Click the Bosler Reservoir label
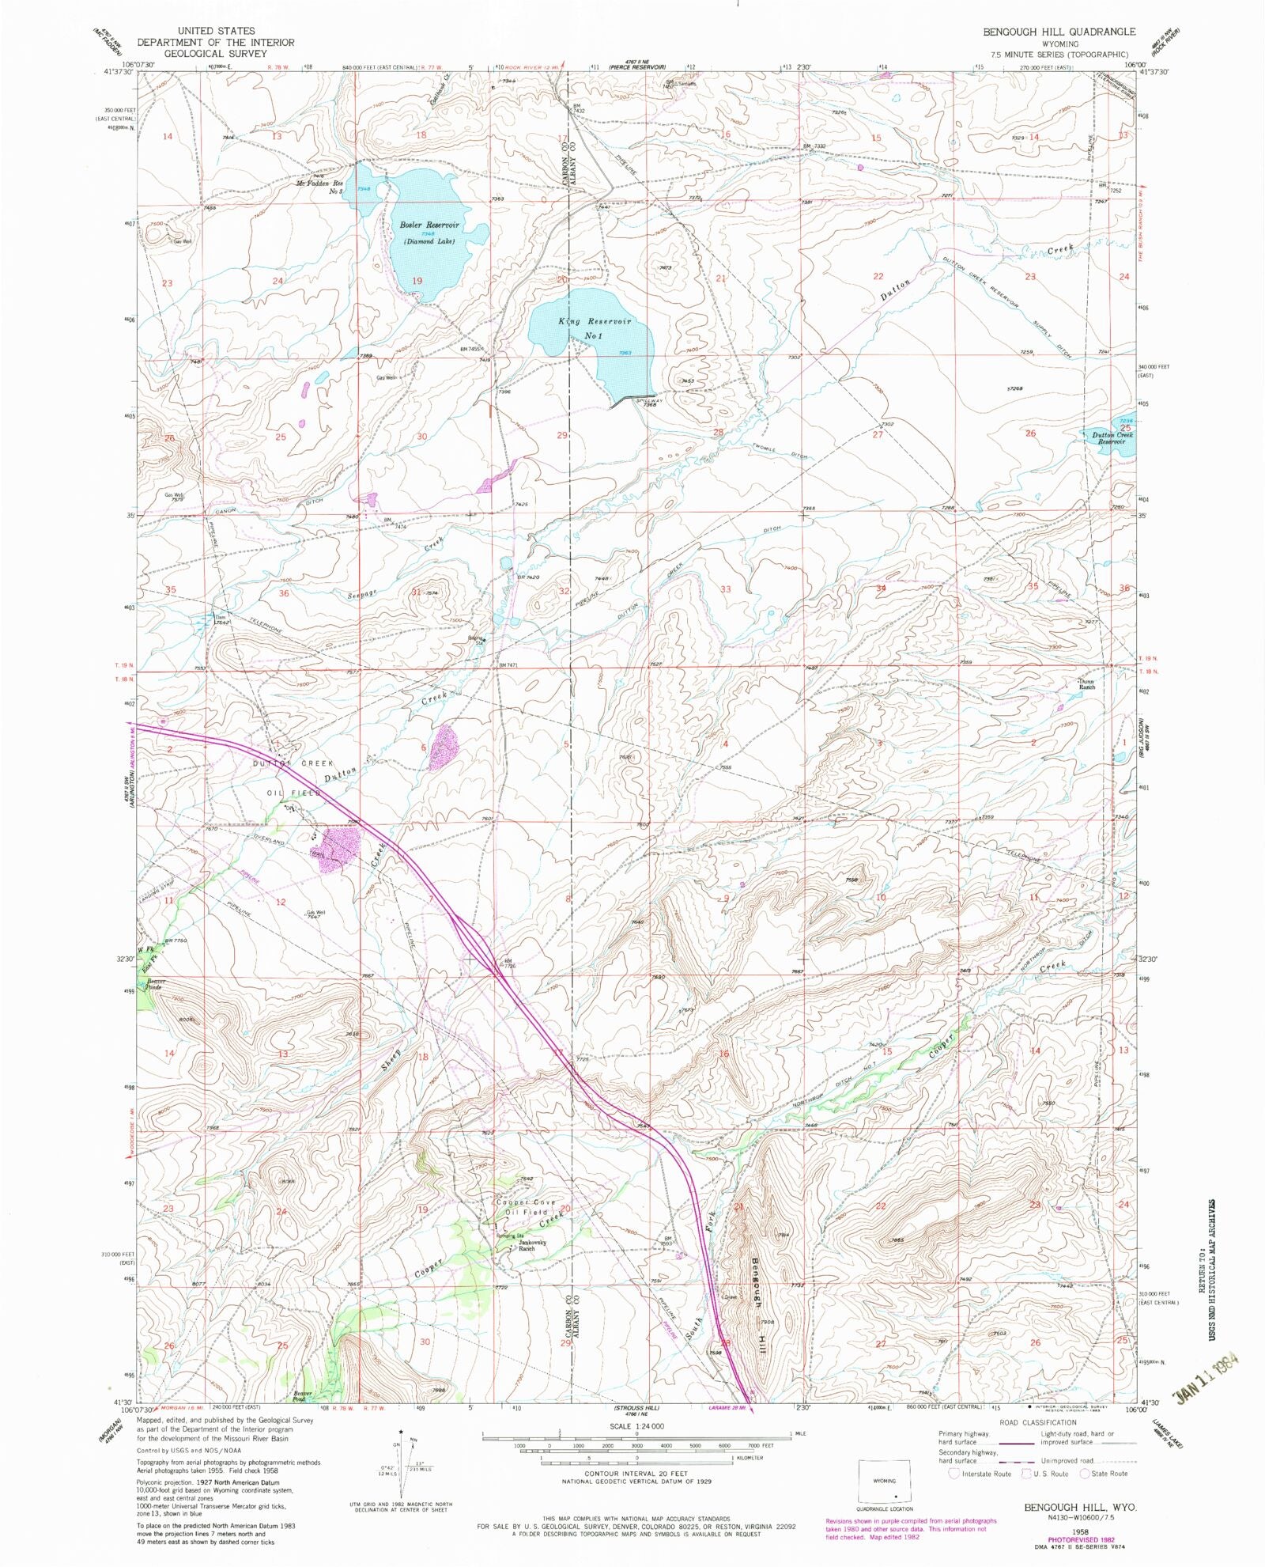click(x=429, y=225)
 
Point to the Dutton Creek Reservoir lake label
click(x=1112, y=438)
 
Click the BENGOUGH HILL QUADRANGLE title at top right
click(x=1059, y=32)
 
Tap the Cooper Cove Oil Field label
click(x=522, y=1207)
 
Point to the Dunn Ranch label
click(x=1088, y=684)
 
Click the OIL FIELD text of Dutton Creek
click(x=294, y=792)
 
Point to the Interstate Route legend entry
click(x=980, y=1474)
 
